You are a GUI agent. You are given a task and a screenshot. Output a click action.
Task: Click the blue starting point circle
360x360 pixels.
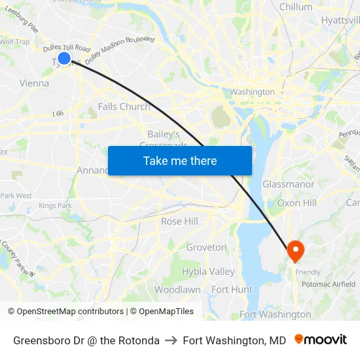[64, 58]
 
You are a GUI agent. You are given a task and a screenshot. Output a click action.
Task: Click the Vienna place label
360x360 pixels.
[34, 83]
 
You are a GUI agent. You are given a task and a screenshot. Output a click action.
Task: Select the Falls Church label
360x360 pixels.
[124, 107]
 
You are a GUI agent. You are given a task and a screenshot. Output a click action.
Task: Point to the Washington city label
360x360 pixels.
[252, 92]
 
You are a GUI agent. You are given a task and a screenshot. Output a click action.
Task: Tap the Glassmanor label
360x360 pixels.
[288, 184]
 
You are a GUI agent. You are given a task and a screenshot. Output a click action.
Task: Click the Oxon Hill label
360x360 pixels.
[297, 203]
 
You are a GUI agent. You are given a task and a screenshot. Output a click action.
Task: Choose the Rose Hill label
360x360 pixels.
[179, 221]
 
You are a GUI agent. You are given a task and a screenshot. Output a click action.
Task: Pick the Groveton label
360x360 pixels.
[206, 247]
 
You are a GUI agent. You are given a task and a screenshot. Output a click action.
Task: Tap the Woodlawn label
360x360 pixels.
[177, 289]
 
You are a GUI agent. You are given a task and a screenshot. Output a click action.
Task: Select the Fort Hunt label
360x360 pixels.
[232, 289]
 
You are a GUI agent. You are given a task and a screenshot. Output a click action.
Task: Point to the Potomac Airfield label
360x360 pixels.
[328, 284]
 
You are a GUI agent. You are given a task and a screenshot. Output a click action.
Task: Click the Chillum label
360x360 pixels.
[296, 7]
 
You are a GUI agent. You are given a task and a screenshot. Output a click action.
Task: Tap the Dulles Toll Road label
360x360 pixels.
[66, 48]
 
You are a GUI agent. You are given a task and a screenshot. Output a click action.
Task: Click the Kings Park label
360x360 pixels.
[55, 206]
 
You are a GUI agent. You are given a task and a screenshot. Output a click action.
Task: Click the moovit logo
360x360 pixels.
[321, 340]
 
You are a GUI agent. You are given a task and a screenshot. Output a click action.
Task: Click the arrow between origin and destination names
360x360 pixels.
[171, 340]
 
